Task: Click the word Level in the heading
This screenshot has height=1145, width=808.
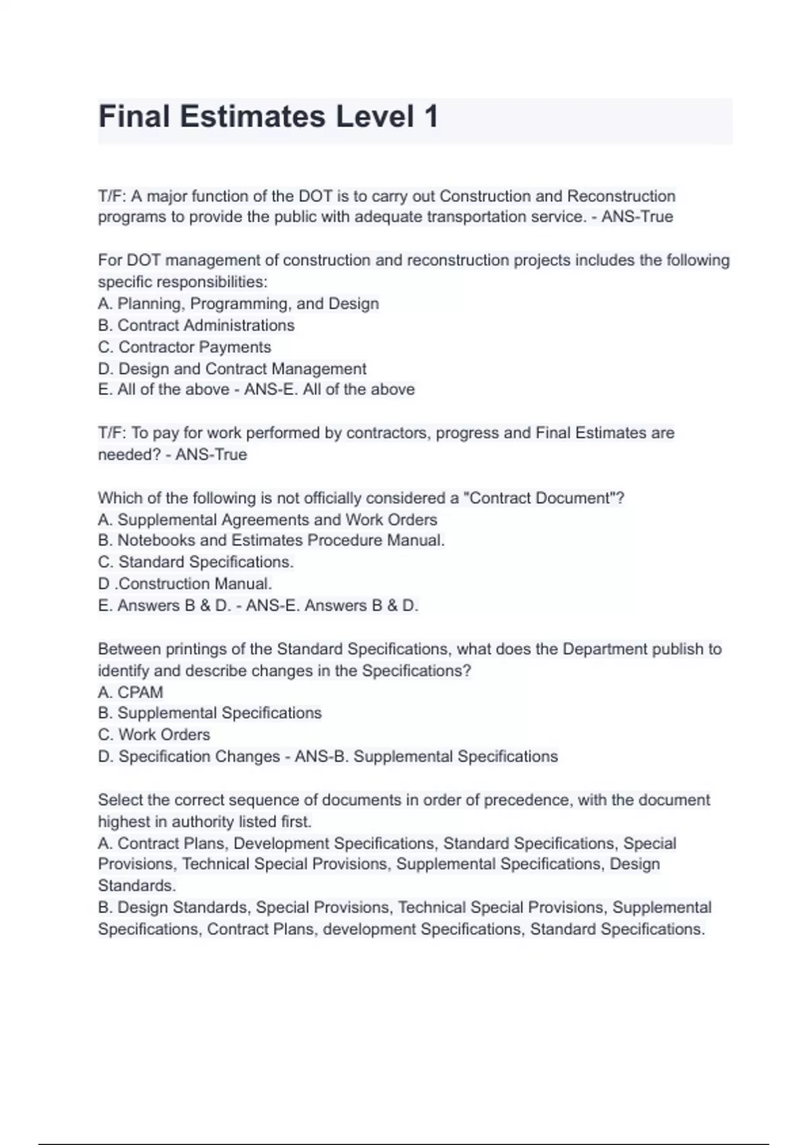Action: pos(374,117)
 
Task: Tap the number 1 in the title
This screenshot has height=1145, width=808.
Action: pos(431,117)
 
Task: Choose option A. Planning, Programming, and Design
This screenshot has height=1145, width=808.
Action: pos(238,304)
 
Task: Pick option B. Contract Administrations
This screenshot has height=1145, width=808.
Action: pos(196,325)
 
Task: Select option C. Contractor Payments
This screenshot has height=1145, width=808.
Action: pos(184,347)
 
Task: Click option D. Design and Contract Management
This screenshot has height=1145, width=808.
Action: pos(232,368)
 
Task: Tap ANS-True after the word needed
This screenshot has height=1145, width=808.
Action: pos(211,455)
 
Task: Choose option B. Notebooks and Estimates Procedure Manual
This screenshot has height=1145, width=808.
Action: pos(271,540)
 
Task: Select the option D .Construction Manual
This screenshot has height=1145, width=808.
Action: pos(185,583)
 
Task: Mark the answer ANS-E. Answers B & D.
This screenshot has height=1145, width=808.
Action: pos(332,606)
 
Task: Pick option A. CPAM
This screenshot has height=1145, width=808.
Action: pos(131,692)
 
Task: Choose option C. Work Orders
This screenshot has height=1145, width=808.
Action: pos(154,735)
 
